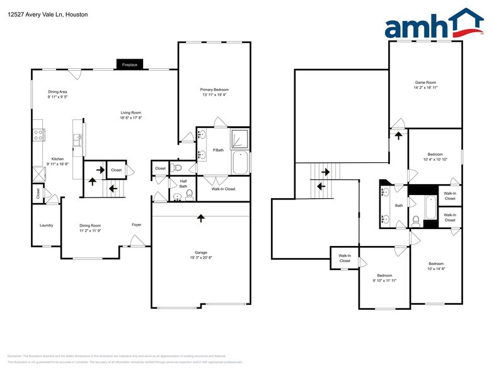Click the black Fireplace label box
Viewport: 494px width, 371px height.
pyautogui.click(x=130, y=64)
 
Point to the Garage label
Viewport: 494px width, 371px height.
pyautogui.click(x=200, y=252)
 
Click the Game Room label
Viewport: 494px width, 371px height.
pyautogui.click(x=425, y=83)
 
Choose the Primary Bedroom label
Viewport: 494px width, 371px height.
pyautogui.click(x=214, y=90)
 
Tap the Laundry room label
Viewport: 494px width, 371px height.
pyautogui.click(x=46, y=225)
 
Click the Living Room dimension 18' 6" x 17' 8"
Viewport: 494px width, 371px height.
pyautogui.click(x=131, y=118)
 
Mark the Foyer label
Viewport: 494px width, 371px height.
pyautogui.click(x=137, y=225)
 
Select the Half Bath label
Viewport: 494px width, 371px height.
pyautogui.click(x=183, y=184)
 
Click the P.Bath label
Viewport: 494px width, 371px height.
pyautogui.click(x=219, y=150)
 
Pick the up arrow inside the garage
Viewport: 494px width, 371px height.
pyautogui.click(x=201, y=218)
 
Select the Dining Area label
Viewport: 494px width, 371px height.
pyautogui.click(x=57, y=92)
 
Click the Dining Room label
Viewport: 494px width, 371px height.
pyautogui.click(x=90, y=225)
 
